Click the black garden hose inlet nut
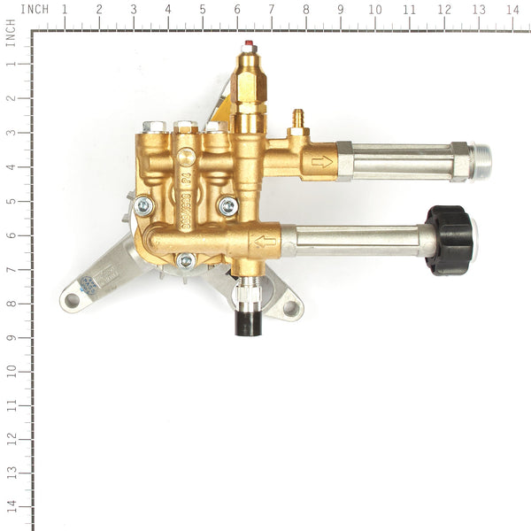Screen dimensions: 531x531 (x=450, y=239)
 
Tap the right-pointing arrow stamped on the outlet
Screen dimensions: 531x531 (x=321, y=161)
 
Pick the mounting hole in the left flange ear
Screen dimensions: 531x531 (x=73, y=300)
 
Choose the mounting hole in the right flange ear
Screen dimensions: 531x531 (x=289, y=307)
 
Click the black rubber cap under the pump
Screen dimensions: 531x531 (x=247, y=321)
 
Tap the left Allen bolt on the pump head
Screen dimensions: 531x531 (x=144, y=206)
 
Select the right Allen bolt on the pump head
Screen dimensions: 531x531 (x=228, y=206)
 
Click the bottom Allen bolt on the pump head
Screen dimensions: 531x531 (x=186, y=260)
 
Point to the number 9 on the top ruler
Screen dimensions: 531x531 (x=341, y=10)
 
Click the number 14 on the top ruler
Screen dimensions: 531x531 (x=512, y=10)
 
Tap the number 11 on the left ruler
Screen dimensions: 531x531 (x=11, y=405)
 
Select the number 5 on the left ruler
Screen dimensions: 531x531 (x=11, y=200)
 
